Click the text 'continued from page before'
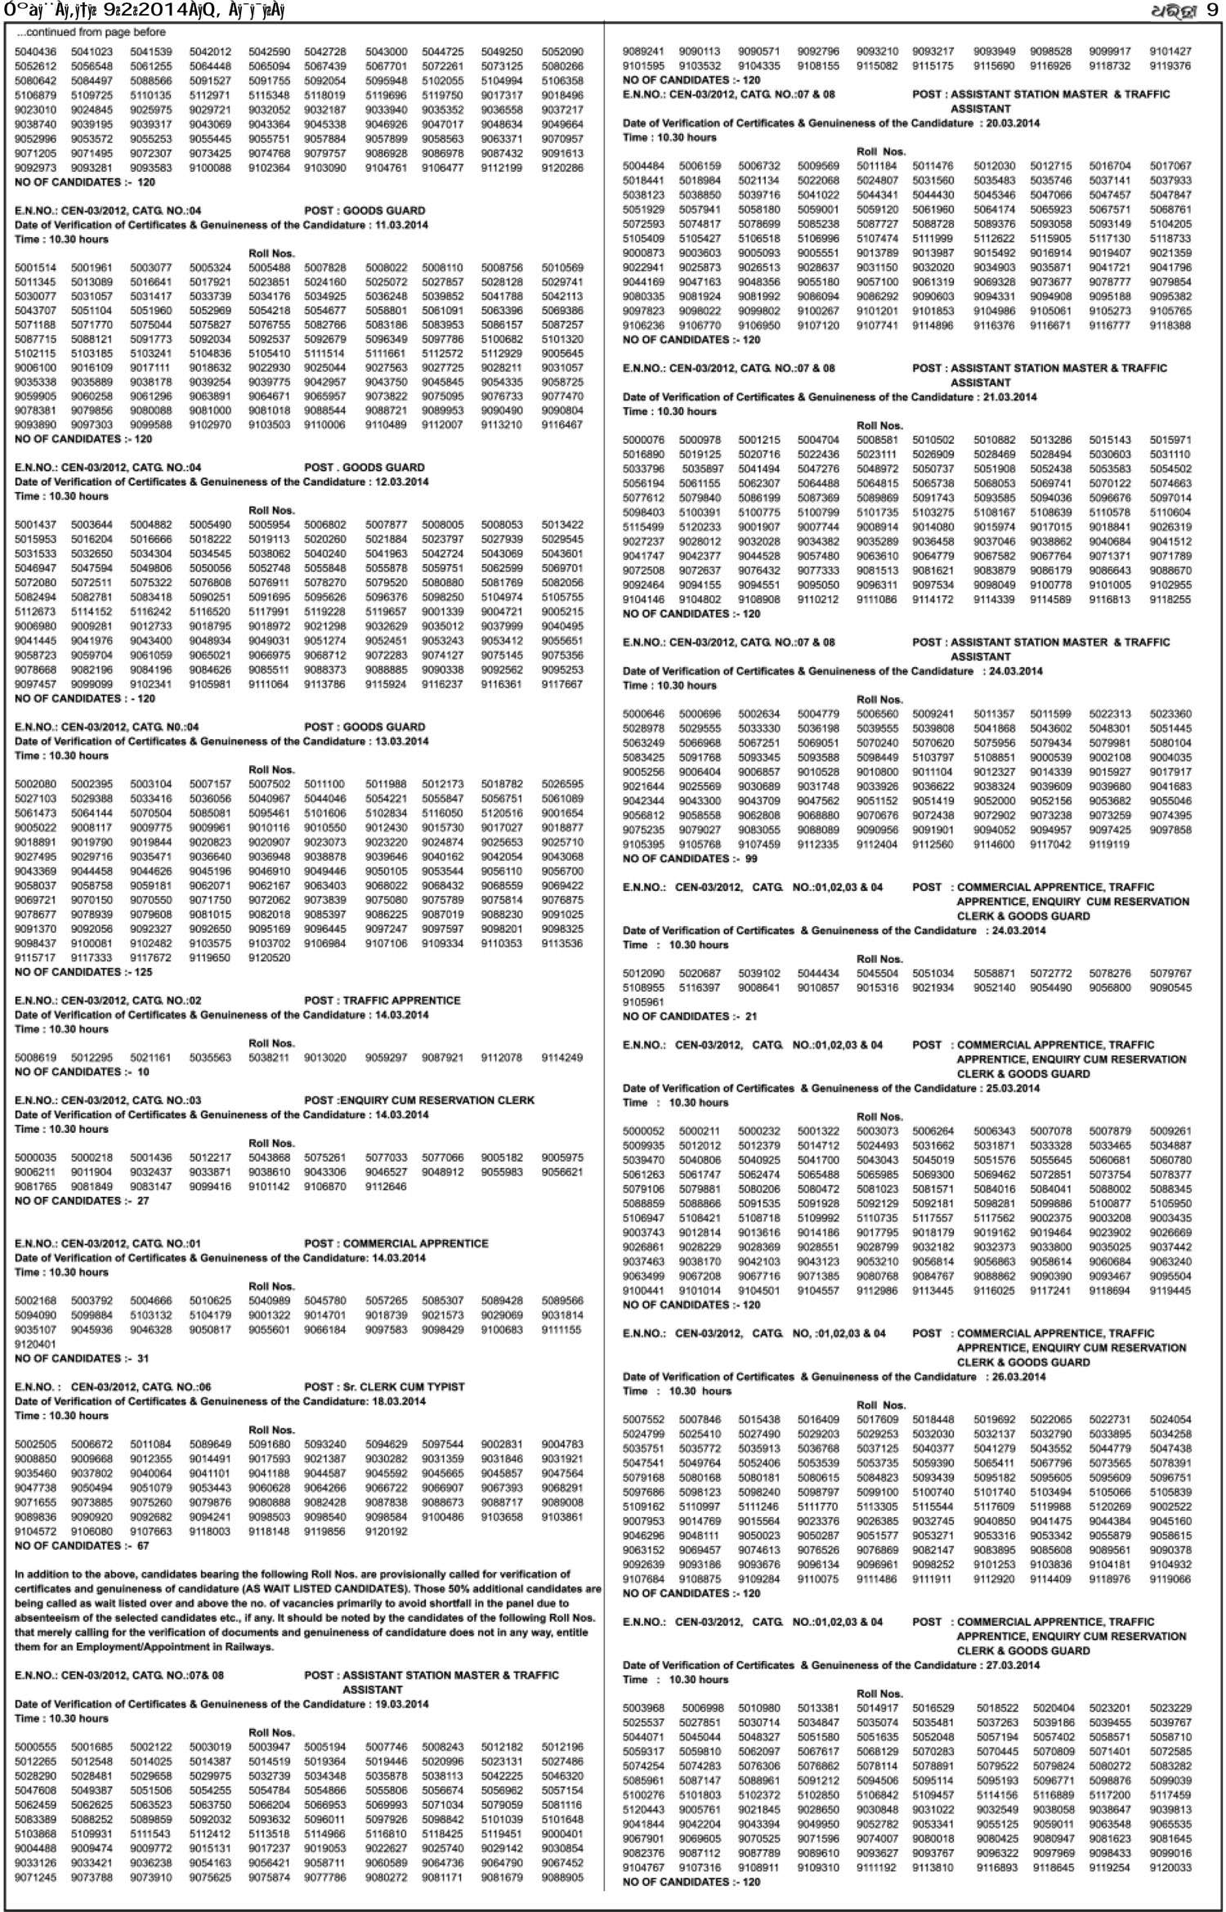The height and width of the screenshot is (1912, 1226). (x=95, y=33)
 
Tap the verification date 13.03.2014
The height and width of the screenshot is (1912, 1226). (x=400, y=741)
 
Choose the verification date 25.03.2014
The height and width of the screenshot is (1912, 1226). (x=1013, y=1088)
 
